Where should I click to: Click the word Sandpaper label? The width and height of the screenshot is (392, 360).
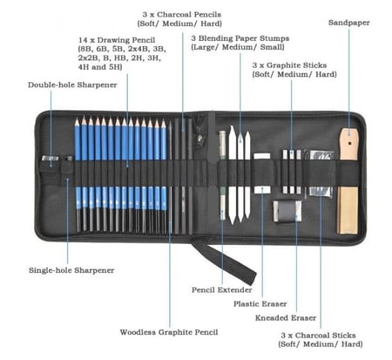coord(348,23)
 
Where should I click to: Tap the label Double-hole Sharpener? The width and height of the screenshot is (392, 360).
coord(72,85)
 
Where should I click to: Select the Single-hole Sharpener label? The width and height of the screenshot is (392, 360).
coord(71,270)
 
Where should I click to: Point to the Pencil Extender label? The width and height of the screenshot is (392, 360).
coord(221,289)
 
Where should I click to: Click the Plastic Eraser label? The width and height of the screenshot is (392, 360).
coord(260,304)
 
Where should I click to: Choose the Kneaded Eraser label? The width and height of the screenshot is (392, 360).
coord(286,318)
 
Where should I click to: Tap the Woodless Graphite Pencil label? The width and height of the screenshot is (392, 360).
coord(169,332)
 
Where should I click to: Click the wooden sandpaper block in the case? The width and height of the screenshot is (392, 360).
coord(348,180)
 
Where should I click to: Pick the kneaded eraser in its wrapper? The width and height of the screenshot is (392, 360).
coord(287,211)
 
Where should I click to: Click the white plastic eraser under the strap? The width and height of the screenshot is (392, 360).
coord(262,173)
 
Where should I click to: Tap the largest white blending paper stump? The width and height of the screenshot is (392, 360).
coord(233,175)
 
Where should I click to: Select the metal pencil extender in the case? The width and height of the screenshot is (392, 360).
coord(222,175)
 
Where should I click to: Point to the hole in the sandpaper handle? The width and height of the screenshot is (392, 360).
coord(349,143)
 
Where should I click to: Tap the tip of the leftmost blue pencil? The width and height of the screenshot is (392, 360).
coord(77,119)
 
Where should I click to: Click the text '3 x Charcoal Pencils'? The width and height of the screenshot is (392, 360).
coord(182,15)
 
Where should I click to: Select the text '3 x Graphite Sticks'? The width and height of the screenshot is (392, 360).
coord(289,65)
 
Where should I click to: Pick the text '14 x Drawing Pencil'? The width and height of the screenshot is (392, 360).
coord(117,40)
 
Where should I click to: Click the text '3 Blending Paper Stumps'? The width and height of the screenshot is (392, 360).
coord(240,38)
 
